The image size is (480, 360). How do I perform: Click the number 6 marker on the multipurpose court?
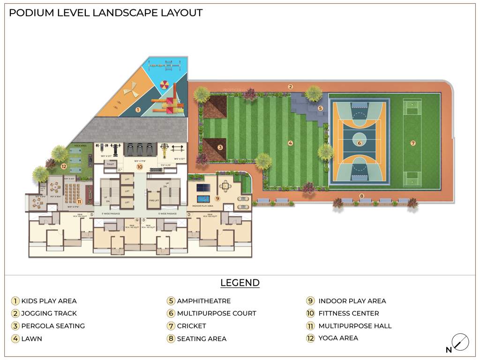[x=360, y=143]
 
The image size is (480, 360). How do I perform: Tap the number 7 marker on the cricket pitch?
[x=413, y=143]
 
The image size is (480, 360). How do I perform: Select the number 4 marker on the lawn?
[x=290, y=143]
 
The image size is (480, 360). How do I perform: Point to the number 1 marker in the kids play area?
[x=138, y=110]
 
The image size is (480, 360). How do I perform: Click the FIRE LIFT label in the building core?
[x=155, y=200]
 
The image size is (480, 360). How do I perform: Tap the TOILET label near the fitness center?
[x=110, y=164]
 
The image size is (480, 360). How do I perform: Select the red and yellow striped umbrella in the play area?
[x=166, y=85]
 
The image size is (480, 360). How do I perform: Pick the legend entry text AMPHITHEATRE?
[x=203, y=301]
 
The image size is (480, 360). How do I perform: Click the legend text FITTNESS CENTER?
[x=348, y=313]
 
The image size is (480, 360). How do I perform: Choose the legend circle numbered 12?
[x=310, y=338]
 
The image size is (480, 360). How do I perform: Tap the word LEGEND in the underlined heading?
[x=240, y=283]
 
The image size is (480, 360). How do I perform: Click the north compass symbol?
[x=460, y=342]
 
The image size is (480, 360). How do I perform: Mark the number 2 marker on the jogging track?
[x=291, y=87]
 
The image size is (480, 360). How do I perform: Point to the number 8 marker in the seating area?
[x=361, y=196]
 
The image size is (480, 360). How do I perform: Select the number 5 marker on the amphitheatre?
[x=321, y=108]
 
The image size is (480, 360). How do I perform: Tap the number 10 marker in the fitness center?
[x=139, y=167]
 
